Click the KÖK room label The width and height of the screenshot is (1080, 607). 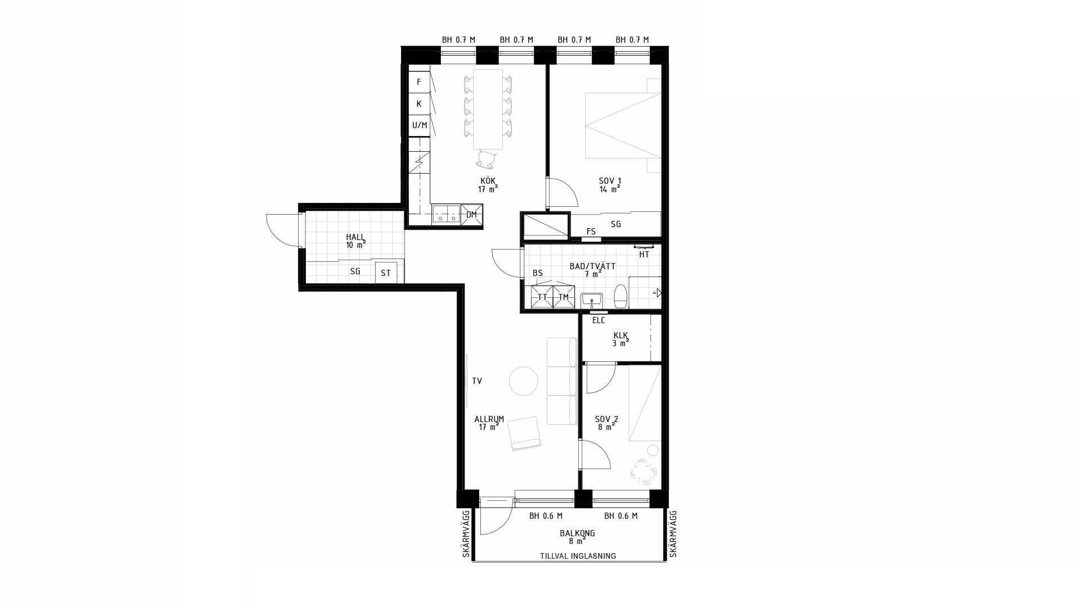(488, 181)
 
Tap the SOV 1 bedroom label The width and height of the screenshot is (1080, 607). (610, 181)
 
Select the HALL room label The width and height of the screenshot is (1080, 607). (355, 237)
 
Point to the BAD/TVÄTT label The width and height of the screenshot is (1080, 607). (592, 266)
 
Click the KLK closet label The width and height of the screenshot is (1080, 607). (620, 336)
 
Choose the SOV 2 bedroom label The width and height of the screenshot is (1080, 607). (606, 419)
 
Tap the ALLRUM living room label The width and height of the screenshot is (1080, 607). (489, 419)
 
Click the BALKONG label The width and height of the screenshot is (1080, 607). (577, 533)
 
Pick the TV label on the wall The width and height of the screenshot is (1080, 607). (477, 381)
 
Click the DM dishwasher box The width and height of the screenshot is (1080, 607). (471, 215)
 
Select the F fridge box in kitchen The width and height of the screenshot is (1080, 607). (419, 82)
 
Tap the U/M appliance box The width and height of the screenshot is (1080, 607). (419, 125)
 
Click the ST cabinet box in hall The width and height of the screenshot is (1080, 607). (386, 273)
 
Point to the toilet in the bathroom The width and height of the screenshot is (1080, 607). (621, 296)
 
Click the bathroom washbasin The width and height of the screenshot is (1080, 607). (592, 301)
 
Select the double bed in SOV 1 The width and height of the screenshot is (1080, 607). (623, 125)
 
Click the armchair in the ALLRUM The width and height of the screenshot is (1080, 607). (525, 433)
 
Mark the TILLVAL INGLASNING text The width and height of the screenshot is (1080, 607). (578, 556)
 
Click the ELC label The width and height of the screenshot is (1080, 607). (598, 320)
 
